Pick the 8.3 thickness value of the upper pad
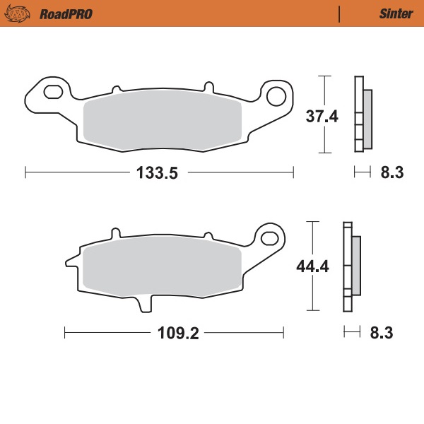391,172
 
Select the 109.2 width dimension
174,331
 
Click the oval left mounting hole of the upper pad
52,92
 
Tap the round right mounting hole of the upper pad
276,95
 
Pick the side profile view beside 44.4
351,266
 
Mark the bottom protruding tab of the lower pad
146,302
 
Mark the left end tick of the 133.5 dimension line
25,172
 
